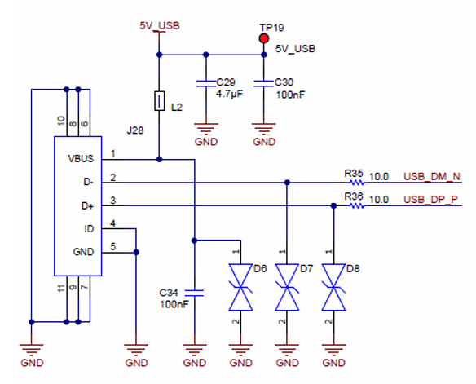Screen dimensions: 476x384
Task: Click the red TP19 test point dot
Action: [x=264, y=38]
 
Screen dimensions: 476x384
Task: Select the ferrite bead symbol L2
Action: [x=159, y=101]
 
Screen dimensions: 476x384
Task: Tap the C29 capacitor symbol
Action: [x=206, y=84]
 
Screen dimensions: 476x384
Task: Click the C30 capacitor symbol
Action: [x=263, y=84]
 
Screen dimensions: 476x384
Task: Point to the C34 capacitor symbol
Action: [x=194, y=293]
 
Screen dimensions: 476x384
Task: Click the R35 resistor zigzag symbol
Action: [x=356, y=183]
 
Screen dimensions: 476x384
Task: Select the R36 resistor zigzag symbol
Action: [x=356, y=205]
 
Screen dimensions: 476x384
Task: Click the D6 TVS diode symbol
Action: [x=240, y=288]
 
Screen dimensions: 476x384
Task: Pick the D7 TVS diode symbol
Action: [x=287, y=288]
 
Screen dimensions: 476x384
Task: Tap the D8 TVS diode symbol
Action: [x=333, y=288]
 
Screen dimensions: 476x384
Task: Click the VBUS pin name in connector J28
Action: [x=81, y=159]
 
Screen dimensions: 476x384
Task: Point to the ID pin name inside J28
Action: [x=89, y=229]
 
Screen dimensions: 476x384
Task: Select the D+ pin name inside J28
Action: [x=87, y=206]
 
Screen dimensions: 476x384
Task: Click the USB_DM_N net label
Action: [x=432, y=177]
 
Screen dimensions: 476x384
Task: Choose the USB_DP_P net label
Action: [x=430, y=200]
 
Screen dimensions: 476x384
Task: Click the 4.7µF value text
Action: [x=229, y=94]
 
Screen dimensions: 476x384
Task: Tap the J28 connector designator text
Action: [x=135, y=130]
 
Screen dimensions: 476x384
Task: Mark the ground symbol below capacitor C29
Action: [x=206, y=129]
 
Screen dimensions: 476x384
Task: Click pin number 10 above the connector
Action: [x=62, y=121]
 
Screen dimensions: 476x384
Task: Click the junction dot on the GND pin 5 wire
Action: [x=136, y=252]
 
